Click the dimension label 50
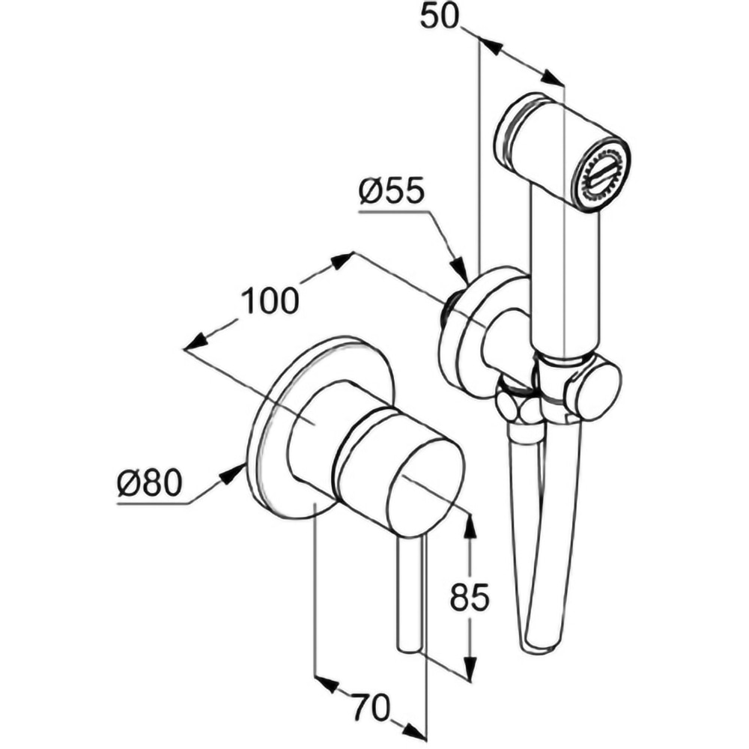tap(439, 16)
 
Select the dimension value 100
tap(270, 301)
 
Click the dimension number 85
tap(470, 597)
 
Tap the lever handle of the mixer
tap(411, 592)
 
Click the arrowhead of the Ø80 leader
tap(237, 470)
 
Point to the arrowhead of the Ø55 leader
tap(459, 271)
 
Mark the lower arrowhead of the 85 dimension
tap(470, 670)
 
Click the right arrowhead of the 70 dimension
tap(414, 730)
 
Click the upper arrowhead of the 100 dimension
tap(342, 260)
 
